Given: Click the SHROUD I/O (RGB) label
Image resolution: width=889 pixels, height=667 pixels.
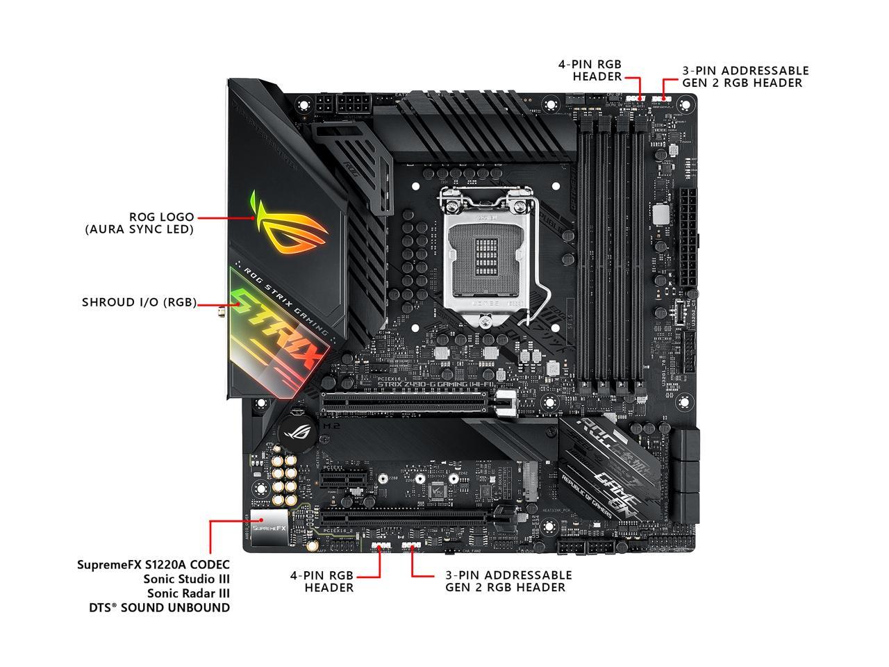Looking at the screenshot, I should pyautogui.click(x=139, y=302).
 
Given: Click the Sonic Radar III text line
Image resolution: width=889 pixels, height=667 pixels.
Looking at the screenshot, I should pyautogui.click(x=188, y=593).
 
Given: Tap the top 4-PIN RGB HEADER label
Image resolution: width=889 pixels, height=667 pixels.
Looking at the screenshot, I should pyautogui.click(x=590, y=70).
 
